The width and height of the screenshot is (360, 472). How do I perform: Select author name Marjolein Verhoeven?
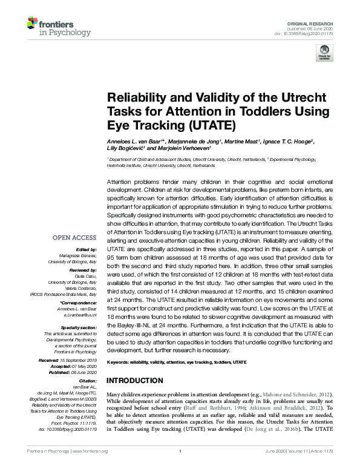click(188, 149)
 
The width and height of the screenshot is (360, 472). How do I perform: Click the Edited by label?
click(85, 249)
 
